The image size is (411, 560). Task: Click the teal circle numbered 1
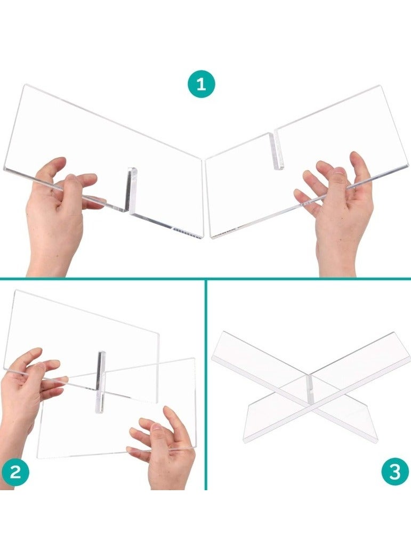coord(201,84)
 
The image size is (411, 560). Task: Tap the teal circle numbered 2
coord(15,472)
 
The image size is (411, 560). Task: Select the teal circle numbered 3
coord(395,472)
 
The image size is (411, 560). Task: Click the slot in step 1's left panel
coord(132,190)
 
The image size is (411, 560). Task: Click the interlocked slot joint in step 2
coord(101,382)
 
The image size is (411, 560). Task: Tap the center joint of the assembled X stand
coord(310,389)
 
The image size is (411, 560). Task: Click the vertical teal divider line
coord(206,384)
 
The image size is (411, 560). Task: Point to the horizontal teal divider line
coord(206,278)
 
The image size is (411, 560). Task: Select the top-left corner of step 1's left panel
coord(25,85)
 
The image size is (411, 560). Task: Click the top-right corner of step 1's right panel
coord(379,86)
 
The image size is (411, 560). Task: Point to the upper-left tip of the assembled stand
coord(222,332)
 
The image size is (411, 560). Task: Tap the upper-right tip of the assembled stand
coord(395,333)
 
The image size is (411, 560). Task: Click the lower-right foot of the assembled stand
coord(376,439)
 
